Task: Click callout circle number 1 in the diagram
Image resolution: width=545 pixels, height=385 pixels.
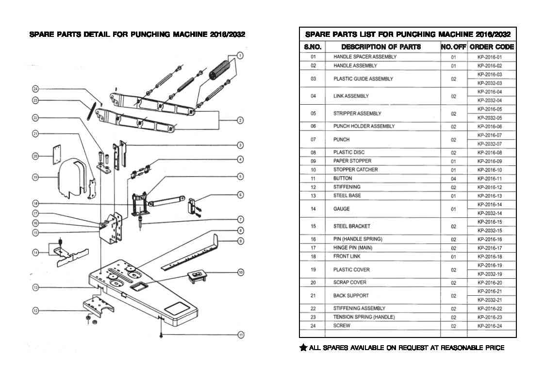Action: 240,56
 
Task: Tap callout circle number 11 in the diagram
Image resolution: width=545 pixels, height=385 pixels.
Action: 241,335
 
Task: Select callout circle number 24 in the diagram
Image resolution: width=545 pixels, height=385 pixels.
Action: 35,89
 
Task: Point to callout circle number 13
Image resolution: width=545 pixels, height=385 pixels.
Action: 35,287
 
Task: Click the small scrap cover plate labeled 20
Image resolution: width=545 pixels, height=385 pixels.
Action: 57,155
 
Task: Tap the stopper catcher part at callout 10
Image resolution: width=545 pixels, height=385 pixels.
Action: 197,277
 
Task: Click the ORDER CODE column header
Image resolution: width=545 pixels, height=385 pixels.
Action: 492,47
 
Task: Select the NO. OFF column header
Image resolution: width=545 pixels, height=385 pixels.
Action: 453,47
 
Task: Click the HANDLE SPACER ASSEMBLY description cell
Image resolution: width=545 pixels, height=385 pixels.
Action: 365,57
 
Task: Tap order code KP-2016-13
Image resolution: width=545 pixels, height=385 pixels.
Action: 490,196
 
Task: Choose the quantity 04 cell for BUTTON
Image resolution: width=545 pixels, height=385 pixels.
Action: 454,179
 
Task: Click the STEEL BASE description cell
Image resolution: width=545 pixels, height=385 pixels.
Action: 347,195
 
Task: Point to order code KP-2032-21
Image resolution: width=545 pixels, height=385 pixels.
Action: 490,300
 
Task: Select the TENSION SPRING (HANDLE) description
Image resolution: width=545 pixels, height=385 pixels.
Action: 364,317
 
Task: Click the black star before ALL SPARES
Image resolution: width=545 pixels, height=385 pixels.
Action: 303,347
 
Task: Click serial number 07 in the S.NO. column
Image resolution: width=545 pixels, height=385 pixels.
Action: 313,140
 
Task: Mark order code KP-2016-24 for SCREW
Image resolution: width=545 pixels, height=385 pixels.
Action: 490,326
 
